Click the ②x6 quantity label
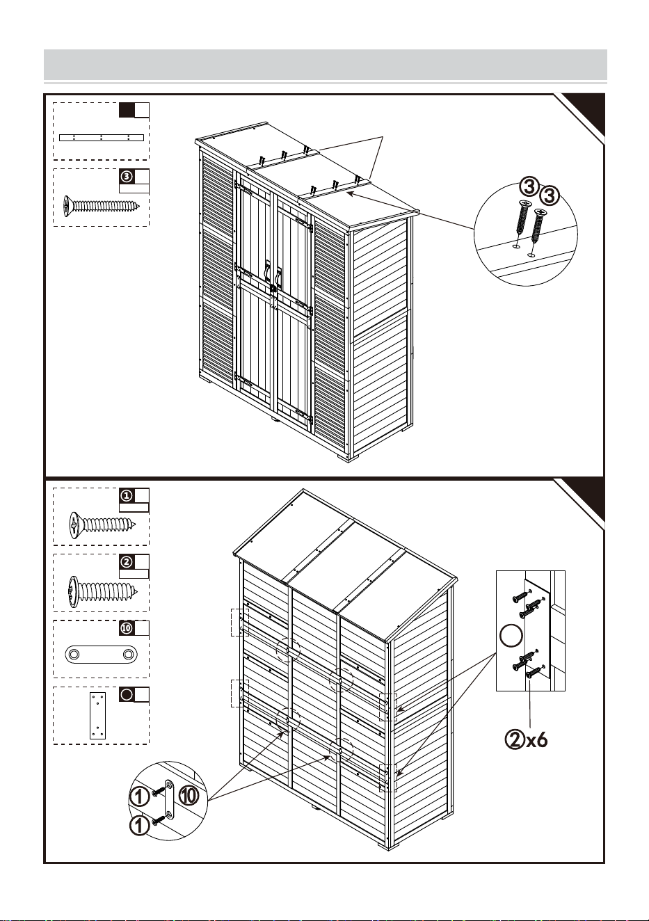(x=526, y=741)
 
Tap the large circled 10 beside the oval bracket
(x=189, y=796)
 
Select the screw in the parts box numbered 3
(x=101, y=206)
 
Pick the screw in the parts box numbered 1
(x=102, y=525)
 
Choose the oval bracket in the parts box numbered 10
(x=101, y=654)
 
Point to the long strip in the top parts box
(x=102, y=138)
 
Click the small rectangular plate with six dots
(x=97, y=715)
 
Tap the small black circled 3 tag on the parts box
(x=127, y=177)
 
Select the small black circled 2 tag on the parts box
(x=127, y=561)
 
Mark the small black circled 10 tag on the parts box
(x=127, y=628)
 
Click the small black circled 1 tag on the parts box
(x=127, y=496)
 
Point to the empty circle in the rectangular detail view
(x=511, y=635)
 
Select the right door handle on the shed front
(x=278, y=277)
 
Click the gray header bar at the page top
(x=326, y=65)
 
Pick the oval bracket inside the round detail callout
(x=170, y=799)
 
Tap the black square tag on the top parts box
(x=127, y=110)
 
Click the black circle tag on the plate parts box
(x=127, y=694)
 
